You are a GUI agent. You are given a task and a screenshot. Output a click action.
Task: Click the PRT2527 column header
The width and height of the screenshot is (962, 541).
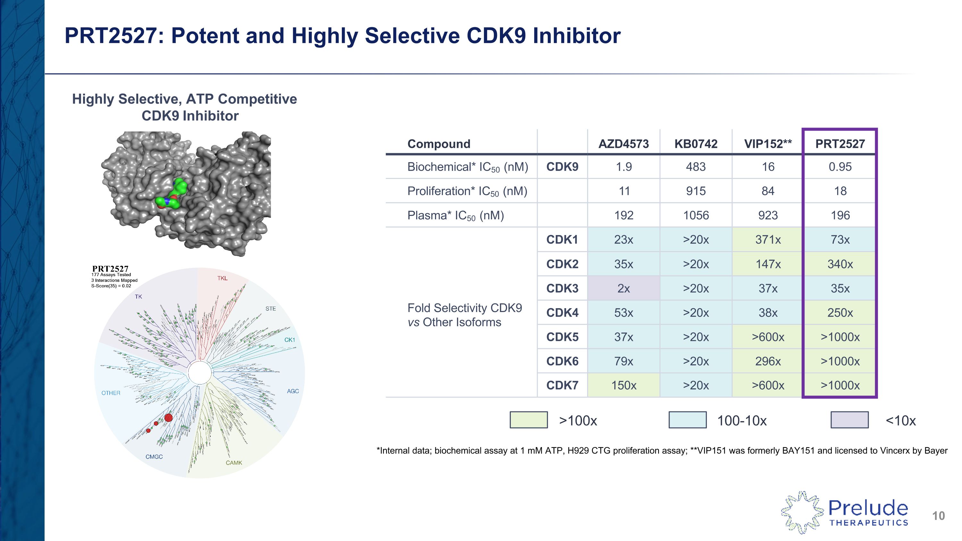tap(840, 144)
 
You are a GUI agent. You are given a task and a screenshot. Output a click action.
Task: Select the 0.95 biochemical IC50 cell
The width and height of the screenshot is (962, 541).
tap(840, 166)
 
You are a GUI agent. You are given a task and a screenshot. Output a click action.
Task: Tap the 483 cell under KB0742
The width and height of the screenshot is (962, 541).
tap(696, 166)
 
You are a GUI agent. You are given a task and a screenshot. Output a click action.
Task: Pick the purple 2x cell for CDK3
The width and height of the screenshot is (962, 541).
tap(623, 288)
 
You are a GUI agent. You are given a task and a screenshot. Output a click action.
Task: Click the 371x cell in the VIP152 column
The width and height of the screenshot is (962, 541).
tap(768, 239)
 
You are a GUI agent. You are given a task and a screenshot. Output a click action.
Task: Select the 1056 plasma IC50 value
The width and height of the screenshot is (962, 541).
tap(696, 215)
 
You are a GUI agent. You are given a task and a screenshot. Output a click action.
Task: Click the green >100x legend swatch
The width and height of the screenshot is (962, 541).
tap(528, 420)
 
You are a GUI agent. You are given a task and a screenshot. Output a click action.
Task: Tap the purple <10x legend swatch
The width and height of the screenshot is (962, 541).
tap(849, 420)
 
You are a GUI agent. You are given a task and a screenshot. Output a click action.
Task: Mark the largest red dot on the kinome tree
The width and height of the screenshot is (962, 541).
tap(168, 418)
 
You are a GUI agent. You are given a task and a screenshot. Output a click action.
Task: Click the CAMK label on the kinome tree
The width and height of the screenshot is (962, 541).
tap(234, 463)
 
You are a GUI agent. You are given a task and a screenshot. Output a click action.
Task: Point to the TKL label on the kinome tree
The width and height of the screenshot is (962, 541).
tap(222, 278)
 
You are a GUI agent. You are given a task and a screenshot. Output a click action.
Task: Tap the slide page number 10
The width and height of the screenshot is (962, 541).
tap(938, 516)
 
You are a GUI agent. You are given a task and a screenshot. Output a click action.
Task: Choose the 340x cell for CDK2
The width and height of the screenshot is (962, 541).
tap(840, 264)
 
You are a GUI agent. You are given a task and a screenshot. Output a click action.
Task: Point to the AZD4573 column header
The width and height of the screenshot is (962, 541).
tap(623, 144)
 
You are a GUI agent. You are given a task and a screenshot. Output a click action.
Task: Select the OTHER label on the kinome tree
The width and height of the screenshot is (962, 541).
tap(111, 393)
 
